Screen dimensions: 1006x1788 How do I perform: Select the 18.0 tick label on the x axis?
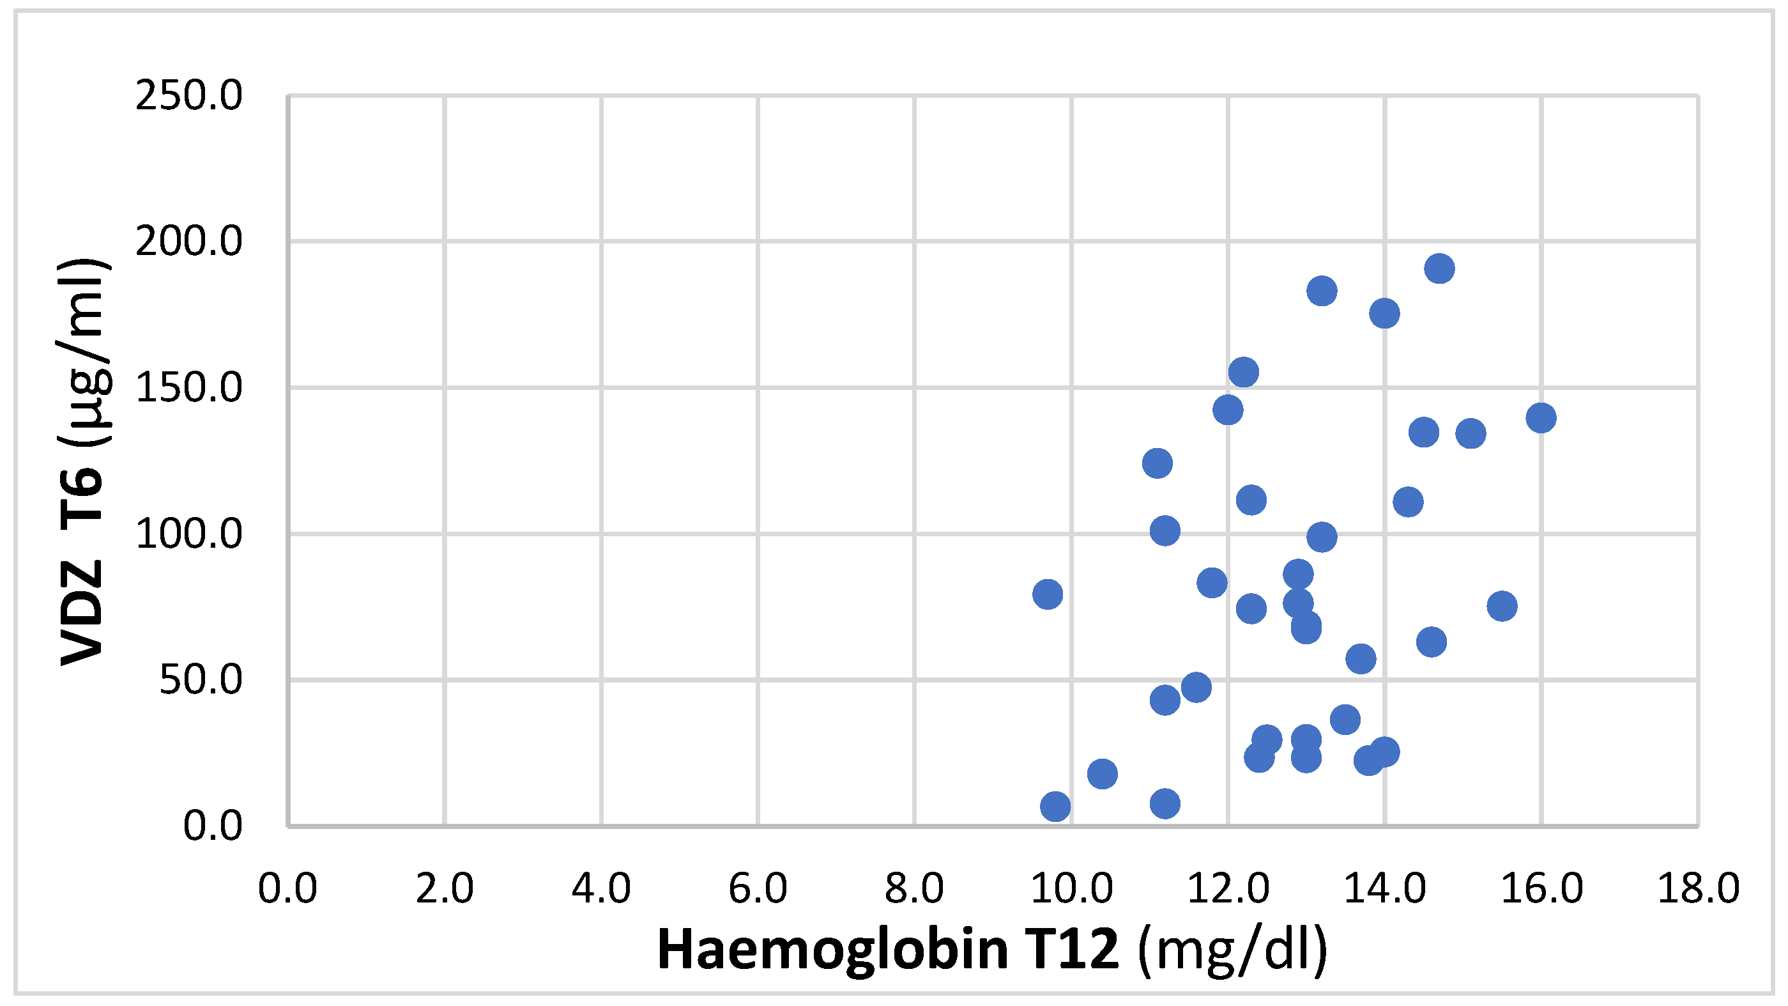tap(1699, 888)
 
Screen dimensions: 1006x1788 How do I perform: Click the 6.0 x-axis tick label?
tap(758, 888)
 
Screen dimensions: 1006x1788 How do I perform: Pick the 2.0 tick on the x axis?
tap(444, 888)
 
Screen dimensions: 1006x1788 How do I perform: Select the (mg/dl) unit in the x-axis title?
tap(1233, 949)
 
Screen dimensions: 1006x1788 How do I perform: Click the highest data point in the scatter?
tap(1440, 268)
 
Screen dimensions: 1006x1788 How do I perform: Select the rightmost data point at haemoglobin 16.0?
tap(1541, 418)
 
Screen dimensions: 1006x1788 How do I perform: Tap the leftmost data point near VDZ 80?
tap(1048, 594)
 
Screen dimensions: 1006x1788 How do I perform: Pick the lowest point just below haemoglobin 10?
tap(1055, 807)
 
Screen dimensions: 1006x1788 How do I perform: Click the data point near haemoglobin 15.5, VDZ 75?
tap(1502, 606)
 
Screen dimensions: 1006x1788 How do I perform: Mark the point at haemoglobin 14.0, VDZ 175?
tap(1384, 314)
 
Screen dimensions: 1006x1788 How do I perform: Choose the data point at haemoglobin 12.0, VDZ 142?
tap(1228, 410)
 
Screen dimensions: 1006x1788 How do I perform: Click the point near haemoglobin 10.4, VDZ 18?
tap(1102, 773)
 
